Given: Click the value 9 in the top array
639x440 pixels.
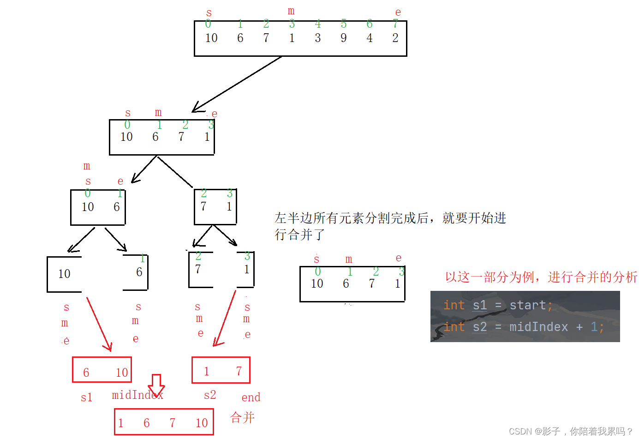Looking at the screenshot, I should click(x=344, y=38).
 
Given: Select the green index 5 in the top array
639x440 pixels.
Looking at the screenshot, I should click(x=344, y=24).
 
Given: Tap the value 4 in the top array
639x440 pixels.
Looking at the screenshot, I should click(x=370, y=38).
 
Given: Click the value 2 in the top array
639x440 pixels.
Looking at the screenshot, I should click(x=395, y=38).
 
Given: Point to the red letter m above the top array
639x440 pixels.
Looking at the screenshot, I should click(x=291, y=10).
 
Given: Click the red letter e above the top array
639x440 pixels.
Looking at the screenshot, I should click(x=398, y=12).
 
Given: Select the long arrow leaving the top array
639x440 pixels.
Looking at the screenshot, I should click(x=237, y=84).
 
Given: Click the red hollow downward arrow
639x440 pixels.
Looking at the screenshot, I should click(x=156, y=385).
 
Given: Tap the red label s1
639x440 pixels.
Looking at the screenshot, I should click(x=87, y=398).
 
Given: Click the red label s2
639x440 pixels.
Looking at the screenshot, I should click(x=210, y=395).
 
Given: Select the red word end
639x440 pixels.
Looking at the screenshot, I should click(x=251, y=398).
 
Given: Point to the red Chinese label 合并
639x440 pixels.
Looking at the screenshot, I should click(x=242, y=417).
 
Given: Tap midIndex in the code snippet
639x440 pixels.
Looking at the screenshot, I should click(x=538, y=327).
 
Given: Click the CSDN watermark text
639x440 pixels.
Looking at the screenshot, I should click(x=571, y=431).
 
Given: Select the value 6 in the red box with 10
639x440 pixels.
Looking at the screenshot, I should click(x=86, y=373).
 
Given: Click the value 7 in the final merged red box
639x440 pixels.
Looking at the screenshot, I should click(x=172, y=423).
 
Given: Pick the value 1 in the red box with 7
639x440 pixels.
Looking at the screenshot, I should click(x=207, y=371).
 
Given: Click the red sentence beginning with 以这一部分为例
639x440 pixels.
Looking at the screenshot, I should click(x=541, y=277).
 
